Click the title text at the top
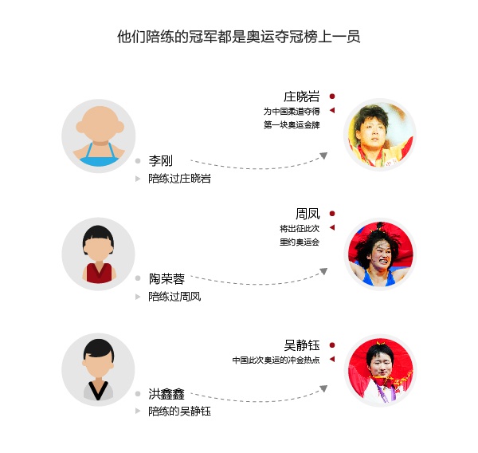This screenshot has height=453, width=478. [x=239, y=37]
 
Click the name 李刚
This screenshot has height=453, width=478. [x=160, y=160]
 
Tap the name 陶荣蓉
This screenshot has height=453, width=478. [x=167, y=278]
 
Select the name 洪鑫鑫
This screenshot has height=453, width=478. [x=167, y=393]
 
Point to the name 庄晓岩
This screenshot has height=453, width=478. [x=301, y=96]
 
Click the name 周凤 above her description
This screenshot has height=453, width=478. [x=308, y=213]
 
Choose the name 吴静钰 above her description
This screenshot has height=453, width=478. [x=302, y=345]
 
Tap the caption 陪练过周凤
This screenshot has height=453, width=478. [x=174, y=297]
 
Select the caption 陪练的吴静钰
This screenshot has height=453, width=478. [x=179, y=412]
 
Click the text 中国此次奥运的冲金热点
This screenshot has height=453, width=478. [x=276, y=360]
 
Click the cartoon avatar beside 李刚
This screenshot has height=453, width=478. [x=99, y=136]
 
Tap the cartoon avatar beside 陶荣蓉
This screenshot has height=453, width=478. [x=99, y=254]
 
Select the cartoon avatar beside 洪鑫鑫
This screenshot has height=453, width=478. [x=99, y=369]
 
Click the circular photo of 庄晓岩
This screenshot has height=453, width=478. [x=380, y=136]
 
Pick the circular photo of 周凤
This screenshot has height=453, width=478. [x=380, y=254]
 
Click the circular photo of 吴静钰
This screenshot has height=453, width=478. [x=380, y=369]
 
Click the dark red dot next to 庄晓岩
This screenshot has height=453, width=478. [x=331, y=96]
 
